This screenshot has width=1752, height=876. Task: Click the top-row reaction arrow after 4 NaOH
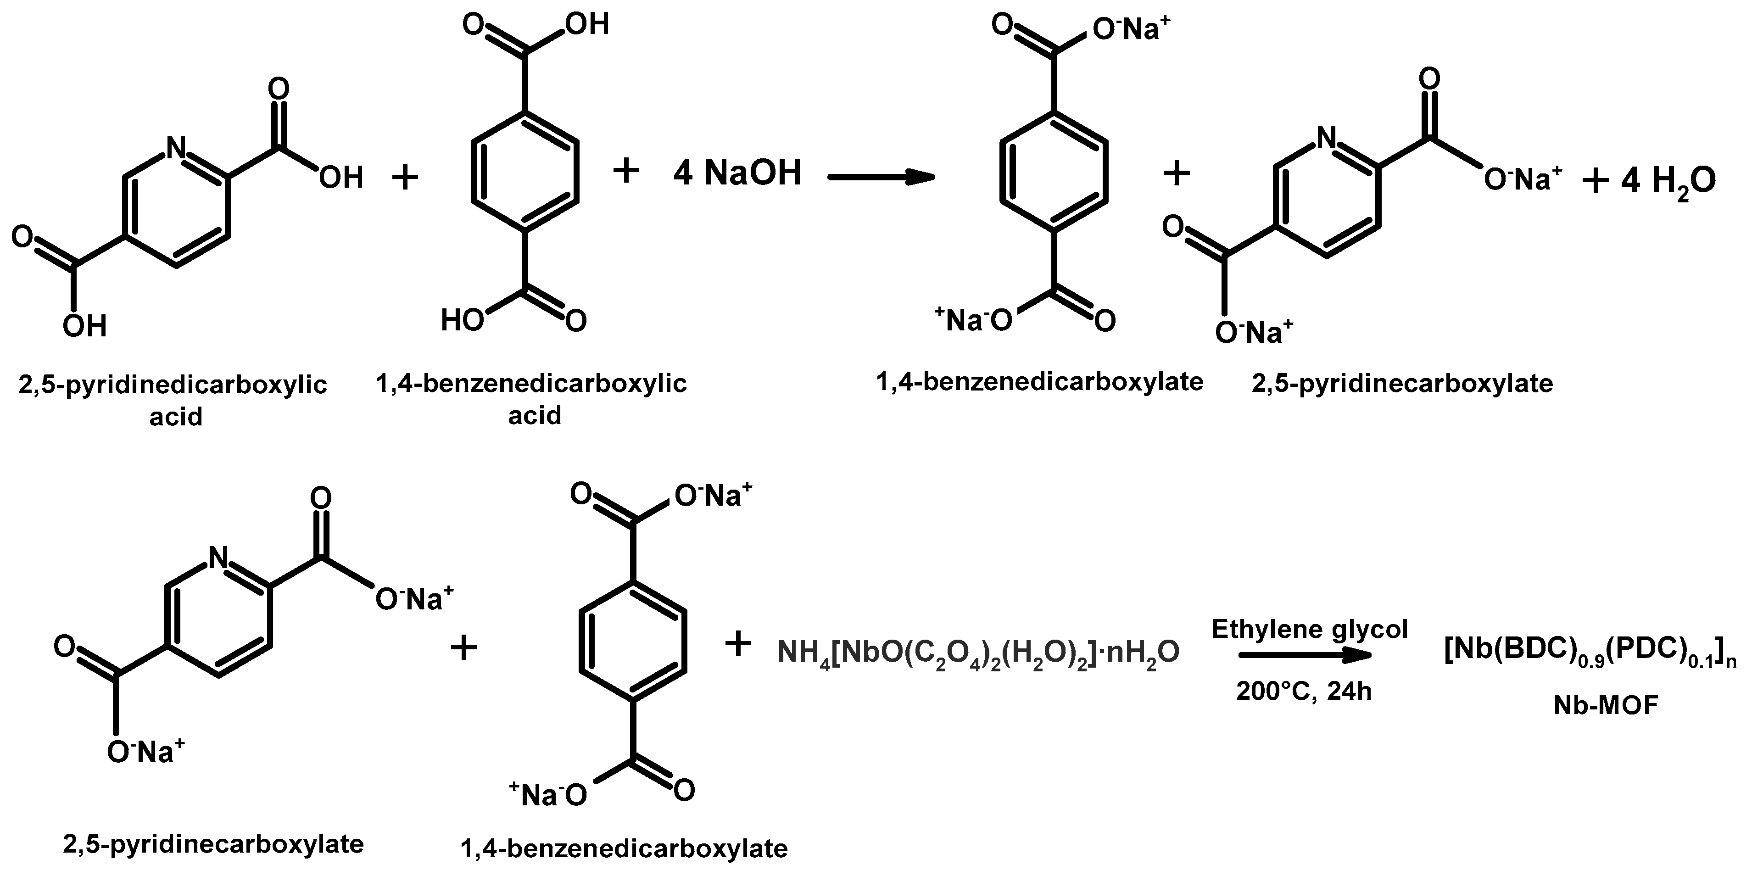click(x=881, y=177)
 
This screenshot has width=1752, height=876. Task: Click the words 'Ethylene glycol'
click(x=1309, y=629)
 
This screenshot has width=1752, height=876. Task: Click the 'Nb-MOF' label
click(x=1605, y=706)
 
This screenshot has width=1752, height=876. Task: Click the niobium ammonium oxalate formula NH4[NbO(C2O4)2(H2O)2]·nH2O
click(x=978, y=653)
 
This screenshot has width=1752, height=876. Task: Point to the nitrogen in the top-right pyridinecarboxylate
click(x=1326, y=138)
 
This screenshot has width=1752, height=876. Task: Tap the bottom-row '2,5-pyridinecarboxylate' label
click(x=213, y=843)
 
